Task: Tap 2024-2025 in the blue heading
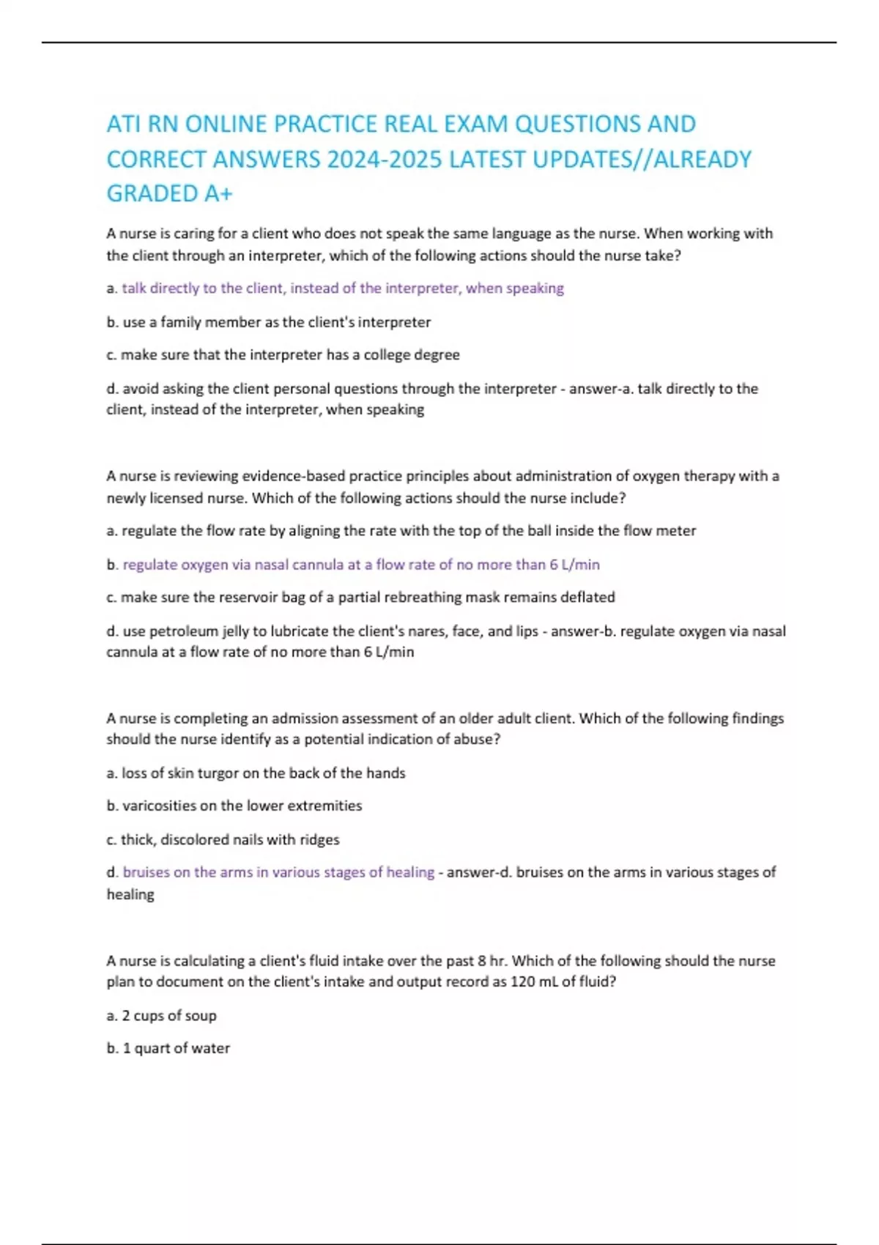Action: (385, 159)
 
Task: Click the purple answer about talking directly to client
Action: (342, 289)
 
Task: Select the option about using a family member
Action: (268, 322)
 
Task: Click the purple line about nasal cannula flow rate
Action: (360, 565)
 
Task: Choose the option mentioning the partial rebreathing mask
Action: (360, 598)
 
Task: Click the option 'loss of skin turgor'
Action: (256, 773)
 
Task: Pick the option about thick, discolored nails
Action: (223, 840)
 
